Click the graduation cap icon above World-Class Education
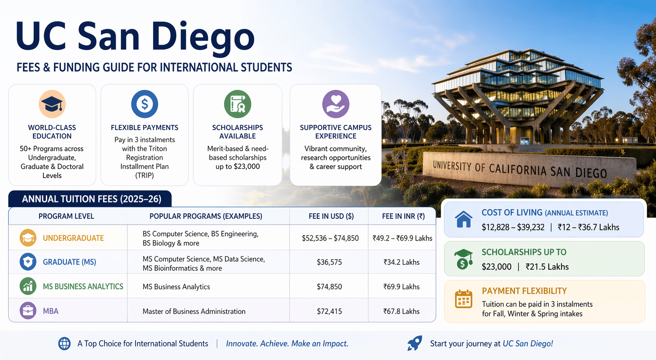click(x=52, y=104)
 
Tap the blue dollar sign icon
click(x=145, y=104)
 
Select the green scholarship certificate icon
click(x=238, y=104)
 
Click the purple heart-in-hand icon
click(x=336, y=104)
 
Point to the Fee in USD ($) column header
click(x=331, y=216)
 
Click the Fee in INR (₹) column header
click(x=403, y=216)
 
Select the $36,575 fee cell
click(x=329, y=262)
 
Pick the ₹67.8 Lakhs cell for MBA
click(x=401, y=311)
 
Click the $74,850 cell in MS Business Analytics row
click(x=329, y=286)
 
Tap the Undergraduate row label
click(x=73, y=238)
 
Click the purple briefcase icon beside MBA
click(x=28, y=310)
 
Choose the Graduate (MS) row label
click(x=69, y=262)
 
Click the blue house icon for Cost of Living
click(x=463, y=219)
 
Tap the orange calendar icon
click(x=463, y=299)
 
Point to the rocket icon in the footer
click(x=415, y=343)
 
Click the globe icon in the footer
click(x=64, y=344)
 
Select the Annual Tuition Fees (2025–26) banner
click(x=90, y=199)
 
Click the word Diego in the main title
click(x=203, y=38)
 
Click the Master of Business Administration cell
click(x=194, y=311)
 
